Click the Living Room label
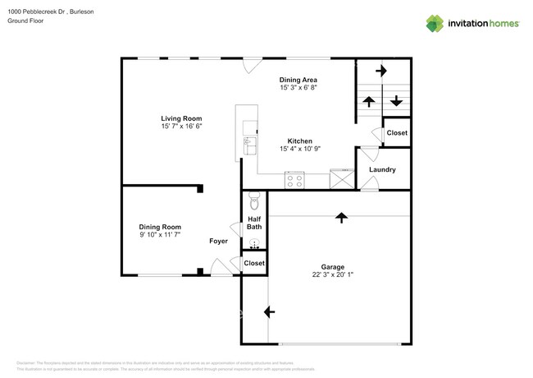click(x=181, y=118)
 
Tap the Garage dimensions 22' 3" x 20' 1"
click(x=332, y=275)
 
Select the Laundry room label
click(x=382, y=170)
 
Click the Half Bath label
click(x=254, y=222)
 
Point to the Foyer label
click(x=218, y=241)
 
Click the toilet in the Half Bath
click(x=253, y=201)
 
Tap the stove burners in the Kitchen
click(x=294, y=181)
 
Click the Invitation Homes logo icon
click(x=435, y=24)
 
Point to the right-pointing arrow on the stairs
click(x=380, y=71)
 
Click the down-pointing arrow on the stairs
click(x=396, y=101)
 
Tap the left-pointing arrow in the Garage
click(x=269, y=312)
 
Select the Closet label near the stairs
click(x=397, y=133)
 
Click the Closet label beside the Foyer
click(x=254, y=263)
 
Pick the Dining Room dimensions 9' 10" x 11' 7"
click(x=159, y=235)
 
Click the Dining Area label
click(x=298, y=79)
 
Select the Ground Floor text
click(x=25, y=21)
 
